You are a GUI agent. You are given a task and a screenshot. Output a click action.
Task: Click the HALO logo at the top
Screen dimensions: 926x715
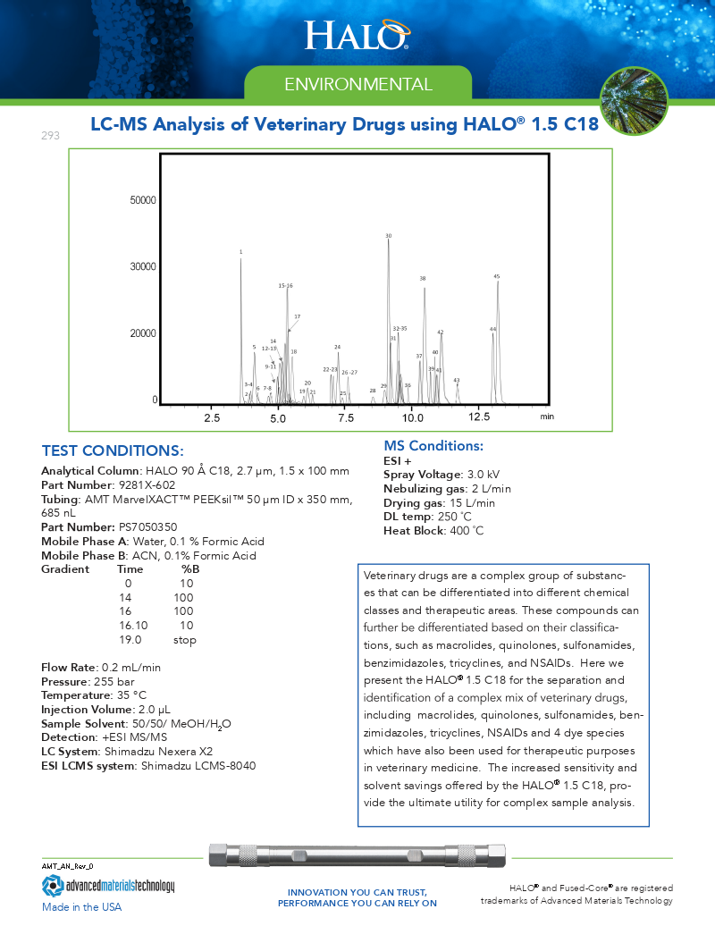click(357, 35)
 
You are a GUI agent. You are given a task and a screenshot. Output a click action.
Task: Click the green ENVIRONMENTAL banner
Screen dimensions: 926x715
click(357, 85)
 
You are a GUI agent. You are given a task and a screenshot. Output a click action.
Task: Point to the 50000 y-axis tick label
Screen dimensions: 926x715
click(144, 200)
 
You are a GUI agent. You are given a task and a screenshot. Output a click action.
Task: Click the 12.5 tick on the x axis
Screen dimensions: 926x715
click(479, 417)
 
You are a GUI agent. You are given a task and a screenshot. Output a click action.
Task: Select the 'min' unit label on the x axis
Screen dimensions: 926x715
click(547, 417)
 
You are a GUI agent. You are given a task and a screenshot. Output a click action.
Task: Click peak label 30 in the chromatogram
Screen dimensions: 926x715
click(388, 236)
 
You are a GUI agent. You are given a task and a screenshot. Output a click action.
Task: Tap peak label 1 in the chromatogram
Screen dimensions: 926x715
click(240, 252)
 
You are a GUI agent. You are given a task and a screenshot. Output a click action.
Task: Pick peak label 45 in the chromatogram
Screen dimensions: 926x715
click(497, 276)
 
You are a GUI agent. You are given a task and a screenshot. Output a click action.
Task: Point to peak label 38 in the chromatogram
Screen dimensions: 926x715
click(423, 279)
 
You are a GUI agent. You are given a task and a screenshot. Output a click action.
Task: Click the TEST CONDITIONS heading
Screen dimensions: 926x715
click(113, 450)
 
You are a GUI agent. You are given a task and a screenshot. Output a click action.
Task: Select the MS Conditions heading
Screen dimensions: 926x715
click(433, 446)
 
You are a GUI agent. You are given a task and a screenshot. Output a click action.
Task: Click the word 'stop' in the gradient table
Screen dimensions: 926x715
click(185, 640)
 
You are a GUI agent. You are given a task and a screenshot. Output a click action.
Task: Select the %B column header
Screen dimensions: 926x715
click(190, 569)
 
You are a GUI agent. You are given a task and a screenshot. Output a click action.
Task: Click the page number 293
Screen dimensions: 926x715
click(50, 136)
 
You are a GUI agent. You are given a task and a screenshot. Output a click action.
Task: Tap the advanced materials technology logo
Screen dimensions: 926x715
click(108, 886)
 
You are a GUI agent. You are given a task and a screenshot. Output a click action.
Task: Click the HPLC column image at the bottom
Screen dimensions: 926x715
click(357, 855)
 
